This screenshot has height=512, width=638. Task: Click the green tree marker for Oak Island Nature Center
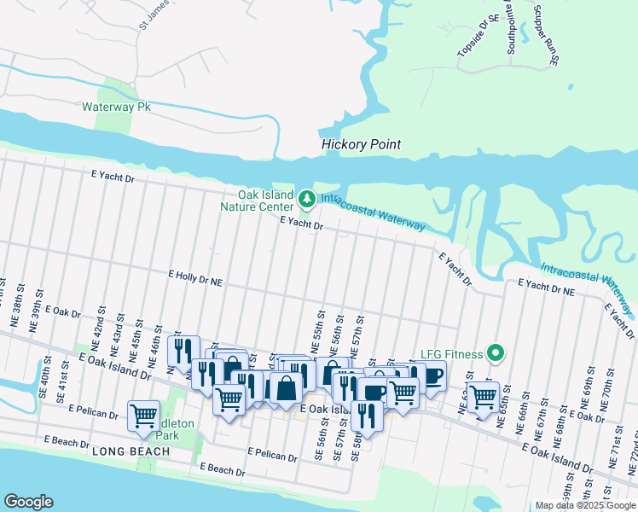(x=307, y=200)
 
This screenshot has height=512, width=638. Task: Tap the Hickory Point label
(x=361, y=144)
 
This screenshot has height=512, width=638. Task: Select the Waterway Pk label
(x=116, y=108)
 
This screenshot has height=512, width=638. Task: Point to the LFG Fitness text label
(x=452, y=353)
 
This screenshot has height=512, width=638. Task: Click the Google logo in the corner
(x=28, y=502)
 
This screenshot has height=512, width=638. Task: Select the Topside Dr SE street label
(x=467, y=40)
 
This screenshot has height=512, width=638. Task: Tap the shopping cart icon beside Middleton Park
(x=142, y=415)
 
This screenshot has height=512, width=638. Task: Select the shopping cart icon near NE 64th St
(x=484, y=396)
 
